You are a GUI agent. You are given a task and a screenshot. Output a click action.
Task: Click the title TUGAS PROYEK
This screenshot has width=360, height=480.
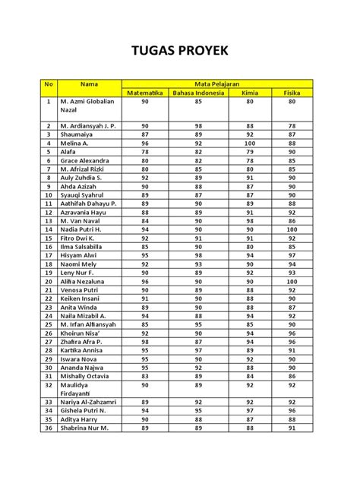(x=180, y=52)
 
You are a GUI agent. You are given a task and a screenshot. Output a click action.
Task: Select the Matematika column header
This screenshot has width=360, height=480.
(x=144, y=93)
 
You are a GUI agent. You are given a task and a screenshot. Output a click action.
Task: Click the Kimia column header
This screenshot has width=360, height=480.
(x=250, y=93)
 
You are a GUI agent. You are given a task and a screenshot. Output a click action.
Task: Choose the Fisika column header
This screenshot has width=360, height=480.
(x=291, y=93)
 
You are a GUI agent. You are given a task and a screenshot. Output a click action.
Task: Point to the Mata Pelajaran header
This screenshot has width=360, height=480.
(x=217, y=83)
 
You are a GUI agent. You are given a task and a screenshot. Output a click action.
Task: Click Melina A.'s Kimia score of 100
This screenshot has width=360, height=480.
(x=250, y=142)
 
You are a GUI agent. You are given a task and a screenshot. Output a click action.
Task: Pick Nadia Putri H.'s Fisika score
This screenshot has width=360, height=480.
(x=291, y=229)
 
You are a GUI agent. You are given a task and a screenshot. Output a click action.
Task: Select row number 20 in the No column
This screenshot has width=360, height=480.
(x=48, y=281)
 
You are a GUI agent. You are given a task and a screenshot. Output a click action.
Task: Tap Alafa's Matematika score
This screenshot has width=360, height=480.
(x=144, y=151)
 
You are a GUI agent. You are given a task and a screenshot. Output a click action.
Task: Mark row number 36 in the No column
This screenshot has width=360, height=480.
(x=48, y=428)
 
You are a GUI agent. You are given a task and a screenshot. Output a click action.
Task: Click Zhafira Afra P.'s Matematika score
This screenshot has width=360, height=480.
(x=144, y=342)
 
